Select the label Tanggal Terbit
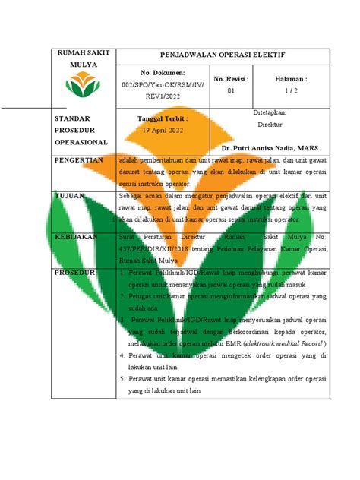point(162,118)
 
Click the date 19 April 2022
point(163,130)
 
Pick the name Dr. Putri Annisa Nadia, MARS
point(279,147)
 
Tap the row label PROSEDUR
point(73,271)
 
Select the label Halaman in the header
point(292,79)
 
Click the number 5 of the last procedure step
point(122,378)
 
